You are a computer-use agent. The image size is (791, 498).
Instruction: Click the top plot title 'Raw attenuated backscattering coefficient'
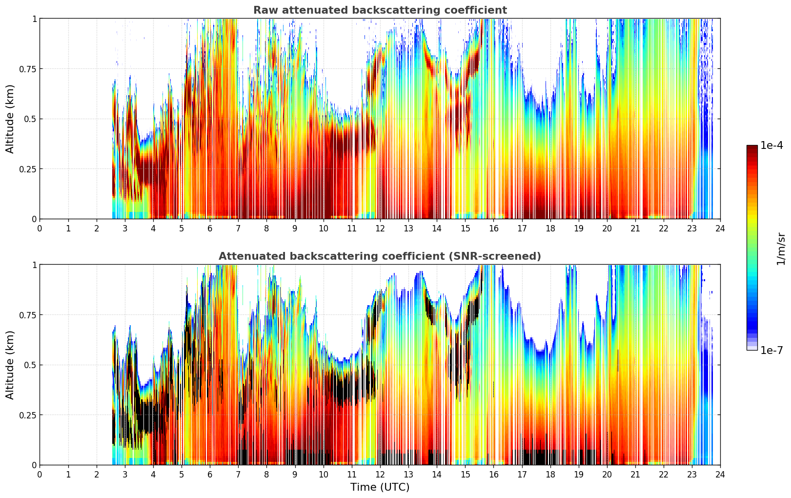(x=380, y=10)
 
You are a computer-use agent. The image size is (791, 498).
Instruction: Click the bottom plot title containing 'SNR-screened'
(x=380, y=256)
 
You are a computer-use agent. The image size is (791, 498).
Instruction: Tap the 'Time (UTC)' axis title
(x=380, y=487)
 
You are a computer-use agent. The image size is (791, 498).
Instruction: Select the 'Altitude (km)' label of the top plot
(x=10, y=119)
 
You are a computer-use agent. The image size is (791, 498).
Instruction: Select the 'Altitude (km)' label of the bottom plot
(x=10, y=365)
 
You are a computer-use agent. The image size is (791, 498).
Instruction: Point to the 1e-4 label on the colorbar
(x=771, y=145)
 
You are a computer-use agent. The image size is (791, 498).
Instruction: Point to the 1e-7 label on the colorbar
(x=771, y=350)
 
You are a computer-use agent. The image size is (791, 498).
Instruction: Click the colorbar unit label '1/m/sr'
(x=781, y=249)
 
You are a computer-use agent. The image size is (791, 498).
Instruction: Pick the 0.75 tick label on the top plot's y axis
(x=27, y=69)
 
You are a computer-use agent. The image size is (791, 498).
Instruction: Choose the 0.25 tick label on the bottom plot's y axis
(x=27, y=415)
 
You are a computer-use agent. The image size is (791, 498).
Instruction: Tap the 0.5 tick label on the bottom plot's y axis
(x=30, y=365)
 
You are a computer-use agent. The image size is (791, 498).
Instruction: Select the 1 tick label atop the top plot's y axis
(x=34, y=19)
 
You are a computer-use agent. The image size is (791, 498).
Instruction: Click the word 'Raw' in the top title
(x=264, y=10)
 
